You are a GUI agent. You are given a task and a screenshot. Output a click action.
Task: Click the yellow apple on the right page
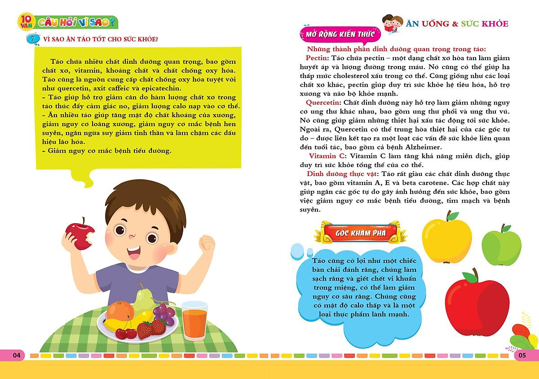tap(447, 238)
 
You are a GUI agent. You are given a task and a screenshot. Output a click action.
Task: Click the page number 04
tap(17, 356)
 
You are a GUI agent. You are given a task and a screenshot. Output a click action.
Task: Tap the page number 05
tap(521, 356)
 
